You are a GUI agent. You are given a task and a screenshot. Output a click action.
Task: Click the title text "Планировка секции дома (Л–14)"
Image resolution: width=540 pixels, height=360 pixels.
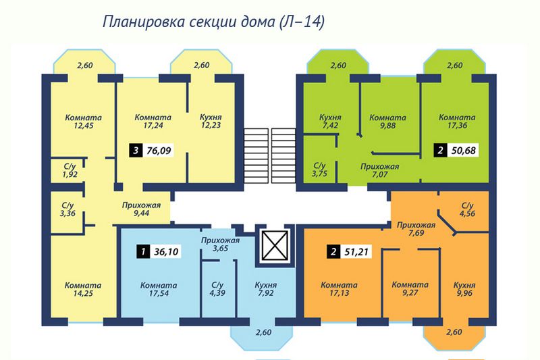pyautogui.click(x=213, y=22)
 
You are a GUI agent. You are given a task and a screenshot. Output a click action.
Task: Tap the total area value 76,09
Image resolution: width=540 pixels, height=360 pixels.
pyautogui.click(x=159, y=151)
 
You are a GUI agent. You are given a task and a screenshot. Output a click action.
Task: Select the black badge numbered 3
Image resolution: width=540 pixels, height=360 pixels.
pyautogui.click(x=136, y=151)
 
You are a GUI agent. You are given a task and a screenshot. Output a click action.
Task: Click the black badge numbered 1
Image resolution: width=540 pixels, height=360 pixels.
pyautogui.click(x=143, y=251)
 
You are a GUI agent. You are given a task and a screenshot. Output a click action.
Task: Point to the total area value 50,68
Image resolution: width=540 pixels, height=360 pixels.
pyautogui.click(x=463, y=151)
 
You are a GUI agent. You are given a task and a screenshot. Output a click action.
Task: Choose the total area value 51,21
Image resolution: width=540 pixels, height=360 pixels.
pyautogui.click(x=356, y=252)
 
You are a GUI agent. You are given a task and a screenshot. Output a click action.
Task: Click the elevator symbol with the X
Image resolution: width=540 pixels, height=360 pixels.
pyautogui.click(x=275, y=245)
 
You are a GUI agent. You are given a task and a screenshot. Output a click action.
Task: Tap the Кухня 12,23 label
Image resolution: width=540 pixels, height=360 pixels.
pyautogui.click(x=211, y=122)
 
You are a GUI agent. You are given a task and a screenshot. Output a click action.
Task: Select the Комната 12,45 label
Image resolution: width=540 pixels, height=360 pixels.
pyautogui.click(x=83, y=122)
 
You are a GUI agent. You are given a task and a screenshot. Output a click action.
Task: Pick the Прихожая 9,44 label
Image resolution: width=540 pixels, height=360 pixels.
pyautogui.click(x=141, y=209)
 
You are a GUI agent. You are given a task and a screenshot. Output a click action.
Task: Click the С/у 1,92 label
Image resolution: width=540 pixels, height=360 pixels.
pyautogui.click(x=70, y=170)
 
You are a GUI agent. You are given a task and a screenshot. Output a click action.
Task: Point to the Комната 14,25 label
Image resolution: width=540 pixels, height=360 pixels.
pyautogui.click(x=83, y=289)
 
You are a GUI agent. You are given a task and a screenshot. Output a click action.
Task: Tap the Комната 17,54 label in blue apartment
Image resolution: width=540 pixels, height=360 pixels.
pyautogui.click(x=159, y=289)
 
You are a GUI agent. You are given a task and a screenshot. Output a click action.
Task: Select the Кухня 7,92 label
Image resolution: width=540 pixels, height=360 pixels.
pyautogui.click(x=266, y=289)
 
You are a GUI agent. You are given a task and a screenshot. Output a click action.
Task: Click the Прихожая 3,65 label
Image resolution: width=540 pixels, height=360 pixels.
pyautogui.click(x=221, y=245)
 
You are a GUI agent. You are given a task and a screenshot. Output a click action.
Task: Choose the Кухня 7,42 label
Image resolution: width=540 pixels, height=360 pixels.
pyautogui.click(x=330, y=122)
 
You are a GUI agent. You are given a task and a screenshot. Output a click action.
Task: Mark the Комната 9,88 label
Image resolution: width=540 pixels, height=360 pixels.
pyautogui.click(x=387, y=122)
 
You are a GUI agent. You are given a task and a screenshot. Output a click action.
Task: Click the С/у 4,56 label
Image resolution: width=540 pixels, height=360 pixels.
pyautogui.click(x=468, y=209)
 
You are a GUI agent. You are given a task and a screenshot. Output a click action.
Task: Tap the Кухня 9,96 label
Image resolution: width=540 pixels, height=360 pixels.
pyautogui.click(x=464, y=289)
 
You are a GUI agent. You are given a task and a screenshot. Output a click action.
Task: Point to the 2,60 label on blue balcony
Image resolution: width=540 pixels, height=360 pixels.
pyautogui.click(x=263, y=332)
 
